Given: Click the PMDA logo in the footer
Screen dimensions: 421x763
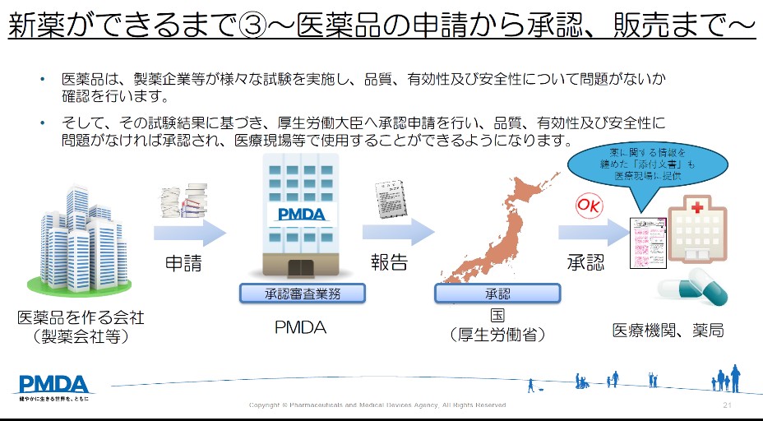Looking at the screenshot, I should coord(54,384).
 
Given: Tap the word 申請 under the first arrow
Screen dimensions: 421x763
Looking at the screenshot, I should coord(183,264).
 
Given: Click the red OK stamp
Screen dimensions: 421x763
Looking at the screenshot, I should coord(589,205).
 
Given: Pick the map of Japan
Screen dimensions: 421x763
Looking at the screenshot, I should coord(493,222).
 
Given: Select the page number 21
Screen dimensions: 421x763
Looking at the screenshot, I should coord(727,405).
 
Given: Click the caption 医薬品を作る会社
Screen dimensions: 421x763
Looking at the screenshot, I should coord(81,317).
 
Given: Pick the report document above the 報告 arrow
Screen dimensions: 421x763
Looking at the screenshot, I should coord(388,197).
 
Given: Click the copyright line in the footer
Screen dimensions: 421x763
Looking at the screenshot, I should coord(377,405).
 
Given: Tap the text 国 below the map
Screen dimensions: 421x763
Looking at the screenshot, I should coord(497,317).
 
